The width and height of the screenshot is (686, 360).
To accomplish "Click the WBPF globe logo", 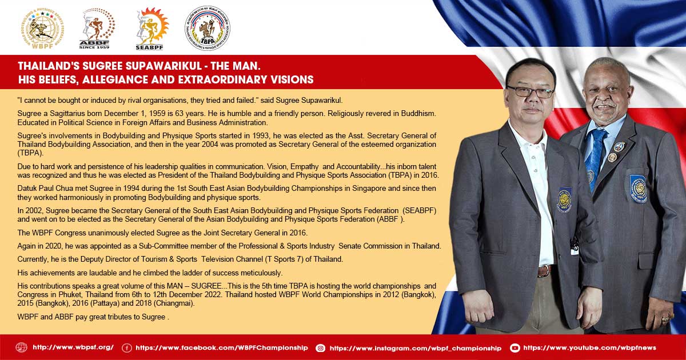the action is [x=42, y=29].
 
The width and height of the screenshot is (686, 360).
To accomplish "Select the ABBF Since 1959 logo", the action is [x=97, y=29].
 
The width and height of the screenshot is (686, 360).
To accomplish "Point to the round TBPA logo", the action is [x=208, y=28].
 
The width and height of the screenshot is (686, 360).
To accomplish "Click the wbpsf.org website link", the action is [x=73, y=347].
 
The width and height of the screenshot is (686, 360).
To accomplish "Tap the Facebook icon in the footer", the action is [x=127, y=348].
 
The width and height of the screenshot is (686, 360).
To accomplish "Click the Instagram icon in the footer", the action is [x=321, y=348].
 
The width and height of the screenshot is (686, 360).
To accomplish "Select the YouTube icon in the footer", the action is [x=515, y=348].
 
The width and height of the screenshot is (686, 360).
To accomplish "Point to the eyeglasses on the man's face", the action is [x=531, y=91].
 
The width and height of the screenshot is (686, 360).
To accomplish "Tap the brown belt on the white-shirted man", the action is [x=545, y=271].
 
